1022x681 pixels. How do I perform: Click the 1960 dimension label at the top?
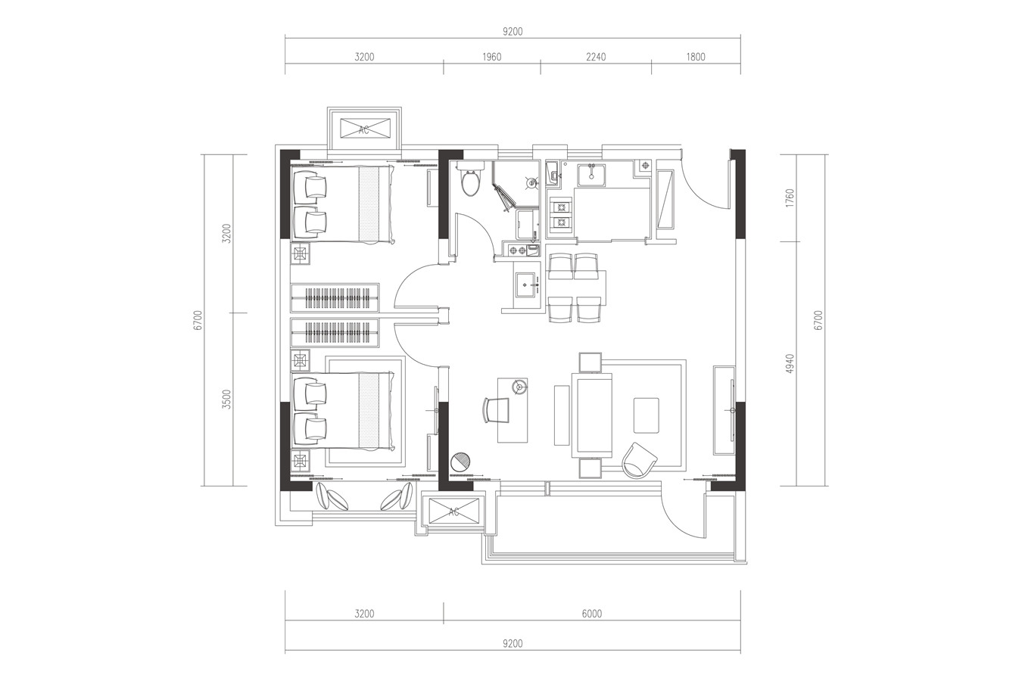pyautogui.click(x=491, y=57)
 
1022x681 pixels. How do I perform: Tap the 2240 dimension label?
pyautogui.click(x=596, y=57)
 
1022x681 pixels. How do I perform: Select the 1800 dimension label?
pyautogui.click(x=695, y=57)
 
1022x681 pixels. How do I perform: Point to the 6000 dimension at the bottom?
pyautogui.click(x=592, y=614)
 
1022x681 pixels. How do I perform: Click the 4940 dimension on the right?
pyautogui.click(x=790, y=363)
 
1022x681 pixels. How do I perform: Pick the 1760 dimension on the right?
pyautogui.click(x=790, y=198)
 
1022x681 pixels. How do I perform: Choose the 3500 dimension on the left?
pyautogui.click(x=227, y=399)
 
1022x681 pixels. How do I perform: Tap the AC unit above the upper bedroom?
pyautogui.click(x=365, y=129)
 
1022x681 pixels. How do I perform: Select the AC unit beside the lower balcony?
pyautogui.click(x=453, y=512)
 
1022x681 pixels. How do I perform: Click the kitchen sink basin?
pyautogui.click(x=591, y=175)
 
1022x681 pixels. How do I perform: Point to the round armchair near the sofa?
pyautogui.click(x=639, y=461)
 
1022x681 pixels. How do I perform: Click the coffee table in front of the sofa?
pyautogui.click(x=646, y=415)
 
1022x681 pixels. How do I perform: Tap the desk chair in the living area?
pyautogui.click(x=496, y=411)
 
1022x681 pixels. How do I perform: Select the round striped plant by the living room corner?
pyautogui.click(x=460, y=462)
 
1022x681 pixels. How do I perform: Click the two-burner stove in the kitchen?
pyautogui.click(x=560, y=216)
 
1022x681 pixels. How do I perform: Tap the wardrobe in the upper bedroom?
pyautogui.click(x=335, y=298)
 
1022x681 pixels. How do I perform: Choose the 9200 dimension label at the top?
pyautogui.click(x=513, y=32)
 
